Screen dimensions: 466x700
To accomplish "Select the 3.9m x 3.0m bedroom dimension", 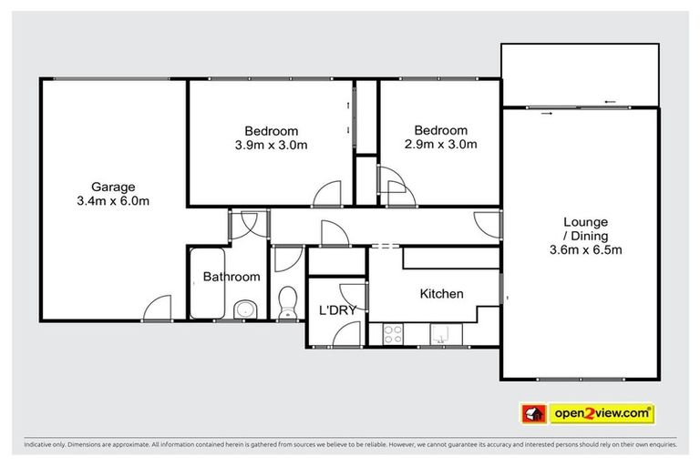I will point(271,145).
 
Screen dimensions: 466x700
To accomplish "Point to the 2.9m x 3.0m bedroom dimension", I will point(440,145).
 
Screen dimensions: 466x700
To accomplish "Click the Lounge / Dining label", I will point(585,228).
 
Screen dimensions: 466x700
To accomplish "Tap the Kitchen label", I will point(441,294).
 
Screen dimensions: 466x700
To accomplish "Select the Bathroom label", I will point(231,277).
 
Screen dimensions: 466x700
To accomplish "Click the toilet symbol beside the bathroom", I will point(288,300).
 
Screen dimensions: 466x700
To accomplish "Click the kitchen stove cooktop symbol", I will point(393,335).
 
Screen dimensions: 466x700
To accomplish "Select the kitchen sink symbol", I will point(440,336).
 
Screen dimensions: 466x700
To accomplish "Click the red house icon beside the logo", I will point(532,414).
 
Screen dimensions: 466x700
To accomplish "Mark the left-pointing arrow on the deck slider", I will point(609,101).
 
